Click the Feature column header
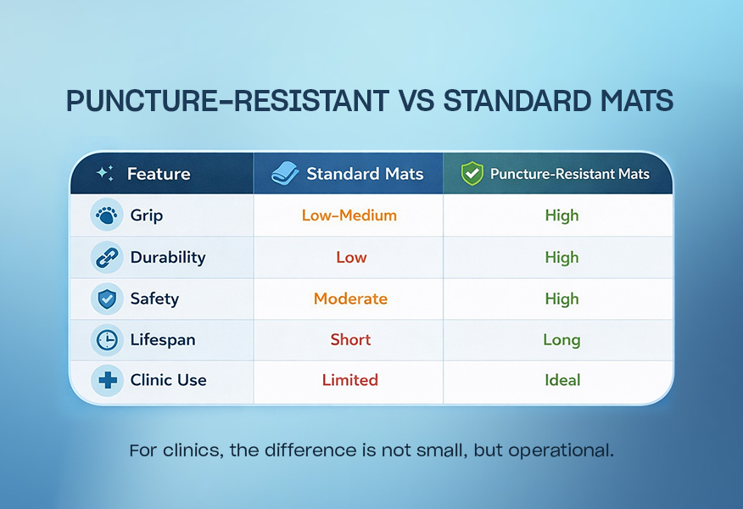pyautogui.click(x=159, y=174)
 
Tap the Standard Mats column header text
pyautogui.click(x=364, y=174)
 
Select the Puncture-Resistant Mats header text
pyautogui.click(x=569, y=174)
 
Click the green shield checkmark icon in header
pyautogui.click(x=472, y=174)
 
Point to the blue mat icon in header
pyautogui.click(x=285, y=174)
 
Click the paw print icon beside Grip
pyautogui.click(x=106, y=215)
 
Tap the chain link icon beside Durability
pyautogui.click(x=106, y=257)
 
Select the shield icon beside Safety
pyautogui.click(x=106, y=299)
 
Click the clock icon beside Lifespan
pyautogui.click(x=106, y=340)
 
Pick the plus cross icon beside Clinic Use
pyautogui.click(x=107, y=380)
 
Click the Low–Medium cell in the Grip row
pyautogui.click(x=349, y=215)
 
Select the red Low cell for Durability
pyautogui.click(x=351, y=257)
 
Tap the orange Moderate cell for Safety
pyautogui.click(x=350, y=299)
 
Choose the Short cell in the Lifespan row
pyautogui.click(x=350, y=340)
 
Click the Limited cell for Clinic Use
pyautogui.click(x=349, y=380)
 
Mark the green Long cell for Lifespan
pyautogui.click(x=561, y=340)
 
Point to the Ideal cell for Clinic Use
pyautogui.click(x=561, y=380)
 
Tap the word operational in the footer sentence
pyautogui.click(x=561, y=450)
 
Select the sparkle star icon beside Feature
pyautogui.click(x=104, y=173)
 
